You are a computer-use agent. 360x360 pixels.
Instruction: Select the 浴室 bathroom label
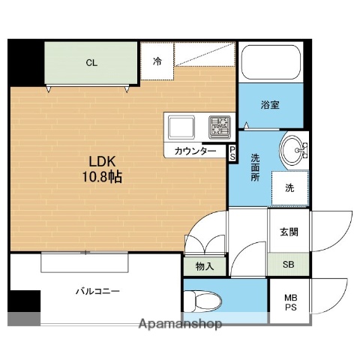pos(270,105)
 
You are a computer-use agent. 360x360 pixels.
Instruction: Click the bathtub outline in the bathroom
pos(271,64)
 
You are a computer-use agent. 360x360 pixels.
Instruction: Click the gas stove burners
pos(219,127)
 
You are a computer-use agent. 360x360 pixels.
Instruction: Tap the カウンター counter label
pos(195,151)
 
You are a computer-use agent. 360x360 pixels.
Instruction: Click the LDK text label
pos(103,162)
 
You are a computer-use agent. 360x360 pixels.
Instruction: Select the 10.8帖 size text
pos(103,178)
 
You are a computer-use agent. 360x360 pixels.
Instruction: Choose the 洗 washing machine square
pos(289,189)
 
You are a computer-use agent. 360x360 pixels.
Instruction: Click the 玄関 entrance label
pos(289,231)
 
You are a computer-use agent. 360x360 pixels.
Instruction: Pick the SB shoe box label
pos(288,264)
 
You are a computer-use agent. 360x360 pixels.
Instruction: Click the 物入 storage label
pos(204,265)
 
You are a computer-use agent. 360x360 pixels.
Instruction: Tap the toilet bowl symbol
pos(204,301)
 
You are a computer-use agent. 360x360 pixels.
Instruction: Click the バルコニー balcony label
pos(97,290)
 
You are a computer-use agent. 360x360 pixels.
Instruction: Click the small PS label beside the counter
pos(232,154)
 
